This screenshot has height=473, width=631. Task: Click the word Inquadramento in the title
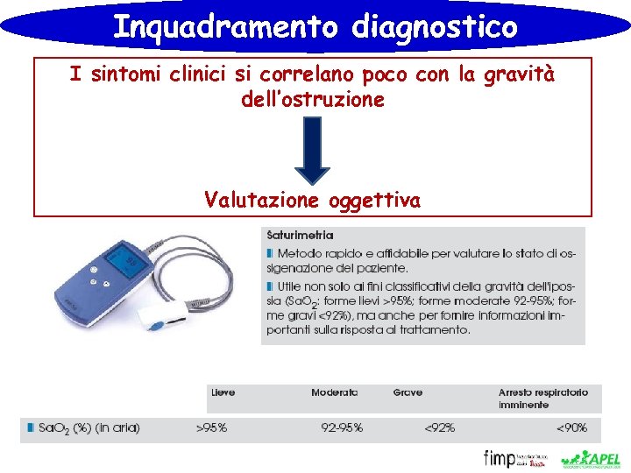(x=225, y=26)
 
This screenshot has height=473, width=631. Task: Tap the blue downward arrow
(x=311, y=149)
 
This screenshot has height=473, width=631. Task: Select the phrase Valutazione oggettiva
(x=312, y=201)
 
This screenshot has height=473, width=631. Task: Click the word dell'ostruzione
(x=312, y=100)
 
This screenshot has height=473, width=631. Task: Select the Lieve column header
(x=223, y=392)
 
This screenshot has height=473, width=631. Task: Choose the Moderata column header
(x=334, y=392)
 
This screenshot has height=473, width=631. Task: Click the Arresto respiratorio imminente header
(x=543, y=399)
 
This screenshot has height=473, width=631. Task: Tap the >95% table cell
(x=211, y=428)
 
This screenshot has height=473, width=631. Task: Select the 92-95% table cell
(x=342, y=428)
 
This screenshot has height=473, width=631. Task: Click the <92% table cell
(x=440, y=428)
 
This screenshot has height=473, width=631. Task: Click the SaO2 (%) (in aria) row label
(x=88, y=428)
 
